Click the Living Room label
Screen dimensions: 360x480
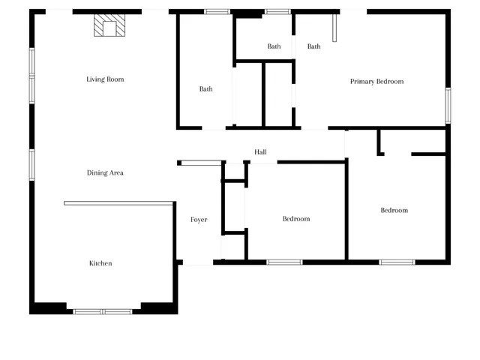click(x=105, y=79)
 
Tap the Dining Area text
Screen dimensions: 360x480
click(x=105, y=173)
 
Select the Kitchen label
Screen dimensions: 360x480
click(x=101, y=263)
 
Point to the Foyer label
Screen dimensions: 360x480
click(x=199, y=220)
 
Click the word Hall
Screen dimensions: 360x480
click(x=260, y=152)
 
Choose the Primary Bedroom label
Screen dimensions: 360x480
click(x=377, y=82)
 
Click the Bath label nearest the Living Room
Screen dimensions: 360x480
click(x=205, y=89)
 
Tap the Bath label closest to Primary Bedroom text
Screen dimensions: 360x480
click(x=313, y=46)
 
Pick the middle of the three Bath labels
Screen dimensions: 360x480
click(x=274, y=46)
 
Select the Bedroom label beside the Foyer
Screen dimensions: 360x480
click(x=296, y=219)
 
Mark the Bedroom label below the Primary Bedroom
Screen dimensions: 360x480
click(x=394, y=211)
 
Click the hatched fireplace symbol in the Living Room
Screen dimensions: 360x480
click(x=109, y=27)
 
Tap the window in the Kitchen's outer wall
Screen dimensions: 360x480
click(x=103, y=311)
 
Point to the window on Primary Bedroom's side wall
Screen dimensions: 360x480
click(x=448, y=105)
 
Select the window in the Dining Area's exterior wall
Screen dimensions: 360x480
click(x=31, y=165)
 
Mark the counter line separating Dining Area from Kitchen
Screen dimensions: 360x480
click(x=119, y=202)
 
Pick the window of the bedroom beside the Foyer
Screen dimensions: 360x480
click(x=285, y=262)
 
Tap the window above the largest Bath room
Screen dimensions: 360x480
click(x=217, y=11)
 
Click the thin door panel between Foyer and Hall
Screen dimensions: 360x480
click(x=202, y=163)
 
